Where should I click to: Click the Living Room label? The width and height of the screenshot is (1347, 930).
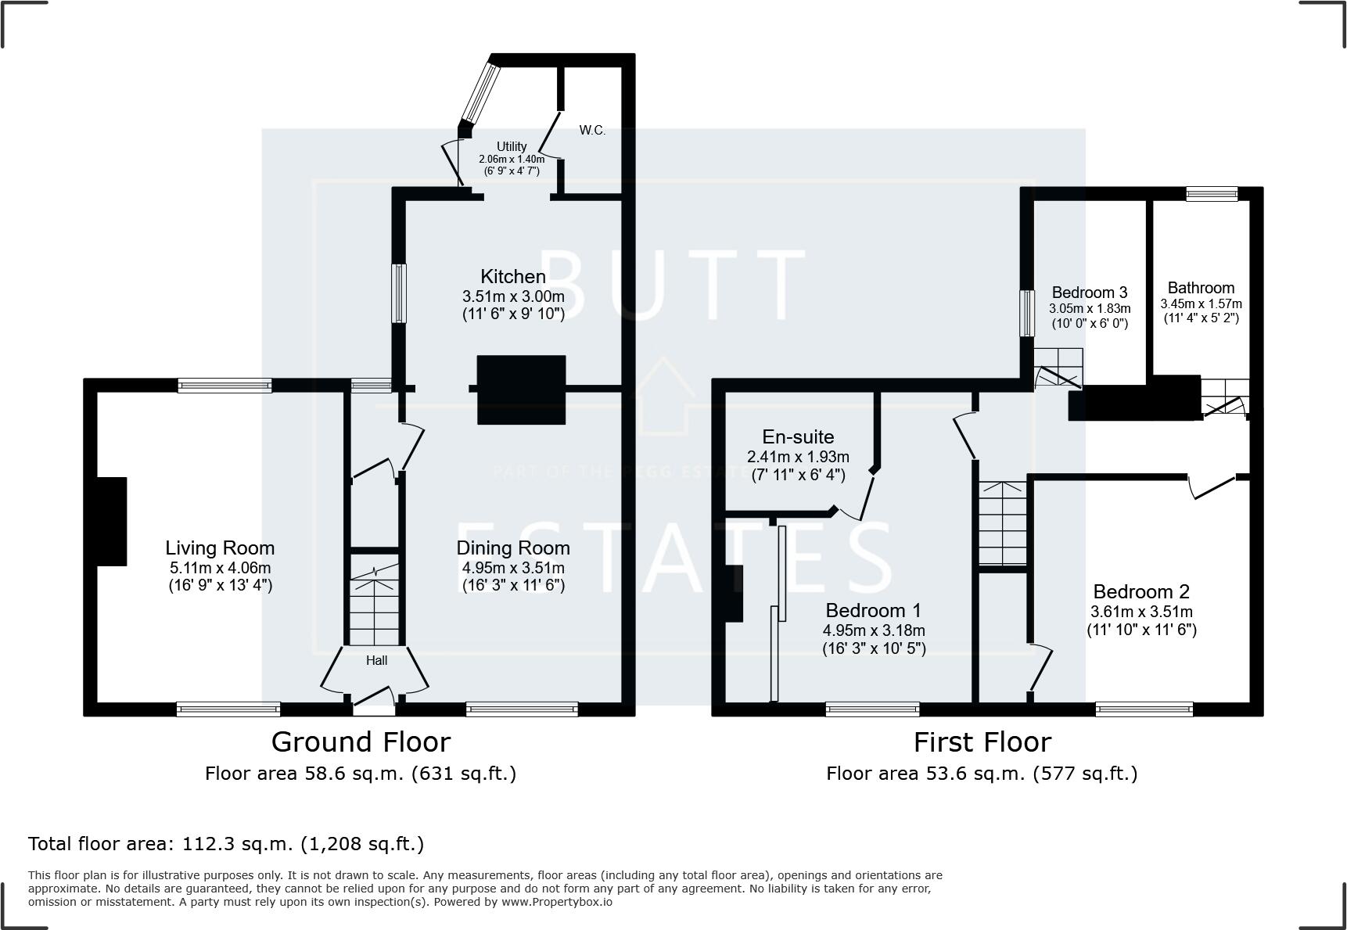(x=220, y=548)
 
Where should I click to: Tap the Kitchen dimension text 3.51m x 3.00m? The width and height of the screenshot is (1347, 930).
(x=513, y=297)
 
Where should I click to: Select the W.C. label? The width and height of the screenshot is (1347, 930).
(x=592, y=131)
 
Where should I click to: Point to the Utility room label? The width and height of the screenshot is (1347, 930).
(x=512, y=146)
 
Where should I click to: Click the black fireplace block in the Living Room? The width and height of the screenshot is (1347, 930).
(x=110, y=522)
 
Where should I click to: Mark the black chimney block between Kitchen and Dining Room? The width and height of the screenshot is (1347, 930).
(x=521, y=390)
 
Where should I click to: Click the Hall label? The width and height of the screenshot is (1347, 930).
(x=376, y=661)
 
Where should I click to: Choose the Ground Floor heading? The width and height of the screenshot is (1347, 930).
(x=361, y=741)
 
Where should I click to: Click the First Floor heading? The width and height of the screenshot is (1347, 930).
(x=982, y=741)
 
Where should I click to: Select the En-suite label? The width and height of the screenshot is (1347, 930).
(x=798, y=437)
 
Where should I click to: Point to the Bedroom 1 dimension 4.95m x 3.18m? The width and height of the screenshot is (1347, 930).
(x=874, y=630)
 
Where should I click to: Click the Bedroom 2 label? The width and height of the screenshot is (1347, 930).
(x=1141, y=592)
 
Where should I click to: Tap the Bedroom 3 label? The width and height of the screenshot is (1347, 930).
(x=1089, y=293)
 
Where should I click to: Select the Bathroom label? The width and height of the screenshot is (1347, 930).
(x=1201, y=288)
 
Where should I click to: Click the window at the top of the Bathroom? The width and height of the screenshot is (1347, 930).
(x=1212, y=193)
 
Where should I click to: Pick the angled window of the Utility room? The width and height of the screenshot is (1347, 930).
(x=480, y=92)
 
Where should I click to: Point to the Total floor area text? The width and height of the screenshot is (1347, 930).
(x=226, y=844)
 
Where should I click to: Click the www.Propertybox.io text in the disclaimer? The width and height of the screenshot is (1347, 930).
(x=557, y=902)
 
